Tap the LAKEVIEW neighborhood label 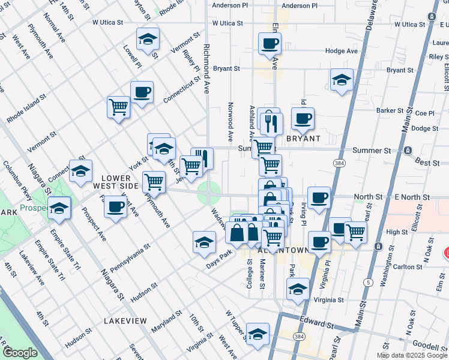pos(125,321)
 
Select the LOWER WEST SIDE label pos(120,182)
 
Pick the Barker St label pos(390,110)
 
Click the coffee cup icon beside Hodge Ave pos(270,43)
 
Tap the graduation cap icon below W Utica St pos(148,40)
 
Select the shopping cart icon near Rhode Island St pos(118,107)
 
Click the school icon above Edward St pos(297,288)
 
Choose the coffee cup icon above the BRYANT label pos(303,118)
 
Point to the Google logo pos(20,353)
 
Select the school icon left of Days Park pos(204,242)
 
